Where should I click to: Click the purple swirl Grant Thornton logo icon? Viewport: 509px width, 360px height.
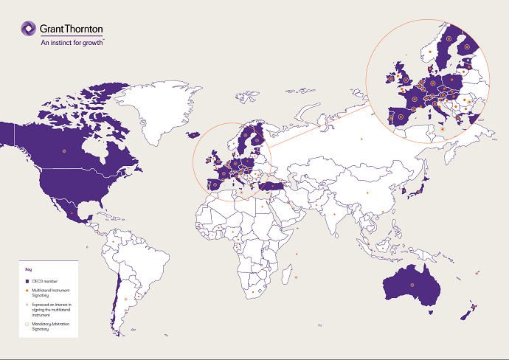[27, 29]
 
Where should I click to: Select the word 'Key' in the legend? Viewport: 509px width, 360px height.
[29, 269]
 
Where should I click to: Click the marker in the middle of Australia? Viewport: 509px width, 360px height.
[413, 285]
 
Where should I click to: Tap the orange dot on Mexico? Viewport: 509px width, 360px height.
[72, 212]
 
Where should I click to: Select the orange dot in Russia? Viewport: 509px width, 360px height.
[361, 139]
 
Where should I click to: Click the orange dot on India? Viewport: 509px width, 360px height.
[335, 215]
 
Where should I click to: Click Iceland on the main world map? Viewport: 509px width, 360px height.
[194, 134]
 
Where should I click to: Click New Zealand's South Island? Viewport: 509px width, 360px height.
[466, 314]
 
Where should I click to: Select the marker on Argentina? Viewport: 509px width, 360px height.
[126, 299]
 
